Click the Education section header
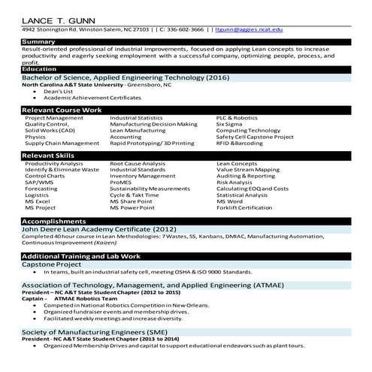click(x=40, y=69)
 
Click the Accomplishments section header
click(x=53, y=222)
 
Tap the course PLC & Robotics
click(x=237, y=118)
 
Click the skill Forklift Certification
click(x=244, y=208)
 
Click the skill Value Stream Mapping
click(x=247, y=170)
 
